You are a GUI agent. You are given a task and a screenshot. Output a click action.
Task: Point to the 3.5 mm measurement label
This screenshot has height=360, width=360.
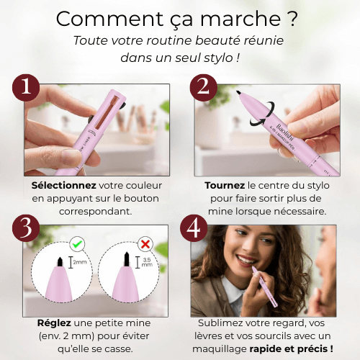click(x=146, y=262)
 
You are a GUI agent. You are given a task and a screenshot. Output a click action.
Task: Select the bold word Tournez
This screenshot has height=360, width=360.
click(x=225, y=185)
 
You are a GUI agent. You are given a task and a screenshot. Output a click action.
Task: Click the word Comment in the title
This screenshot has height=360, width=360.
click(x=102, y=18)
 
